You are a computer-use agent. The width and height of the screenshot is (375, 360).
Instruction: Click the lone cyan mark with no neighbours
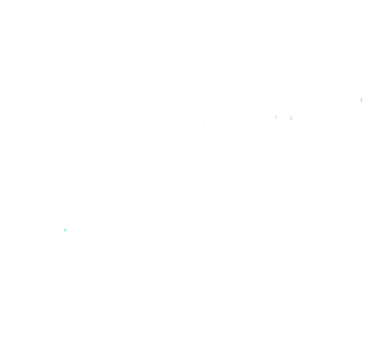click(x=361, y=99)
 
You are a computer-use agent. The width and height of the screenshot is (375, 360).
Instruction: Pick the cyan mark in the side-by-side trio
click(x=291, y=118)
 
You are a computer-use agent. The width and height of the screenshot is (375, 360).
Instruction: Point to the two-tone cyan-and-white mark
click(x=65, y=232)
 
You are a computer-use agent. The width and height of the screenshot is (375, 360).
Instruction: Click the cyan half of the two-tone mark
click(x=65, y=230)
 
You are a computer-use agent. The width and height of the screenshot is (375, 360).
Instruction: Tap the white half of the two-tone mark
click(x=65, y=233)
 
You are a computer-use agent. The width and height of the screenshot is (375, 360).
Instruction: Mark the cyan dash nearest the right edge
click(x=361, y=99)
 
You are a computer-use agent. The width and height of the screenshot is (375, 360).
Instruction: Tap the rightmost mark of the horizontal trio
click(x=291, y=118)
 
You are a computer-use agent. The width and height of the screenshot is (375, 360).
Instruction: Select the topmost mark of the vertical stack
click(x=65, y=232)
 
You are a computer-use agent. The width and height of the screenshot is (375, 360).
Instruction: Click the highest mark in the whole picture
click(x=361, y=99)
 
